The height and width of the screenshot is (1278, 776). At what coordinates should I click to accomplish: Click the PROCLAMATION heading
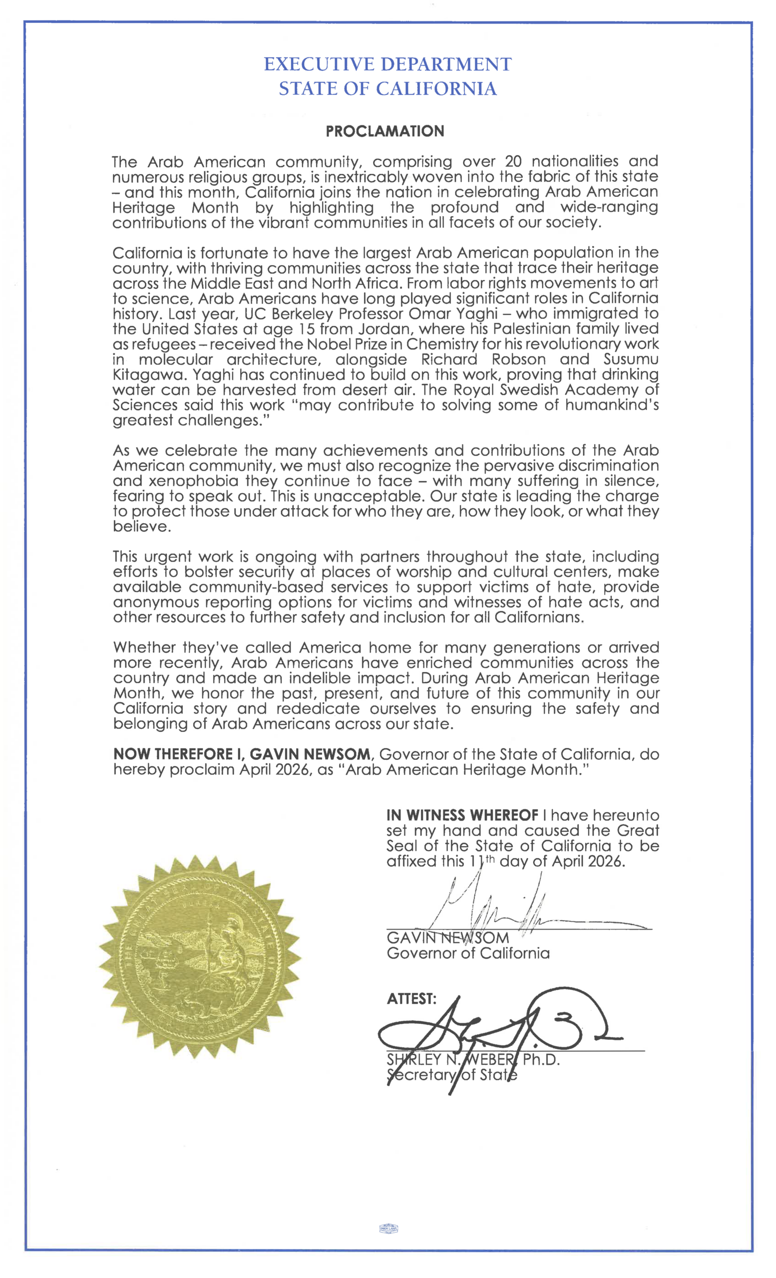(385, 131)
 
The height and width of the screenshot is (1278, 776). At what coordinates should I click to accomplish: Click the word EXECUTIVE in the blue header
(319, 64)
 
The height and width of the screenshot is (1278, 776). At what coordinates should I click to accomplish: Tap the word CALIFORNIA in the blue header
(436, 89)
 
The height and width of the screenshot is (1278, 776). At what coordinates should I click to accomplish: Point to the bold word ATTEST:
(411, 998)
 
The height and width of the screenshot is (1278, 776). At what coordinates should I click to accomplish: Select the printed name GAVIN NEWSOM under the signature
(447, 938)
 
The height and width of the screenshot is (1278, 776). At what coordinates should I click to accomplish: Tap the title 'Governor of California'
(468, 954)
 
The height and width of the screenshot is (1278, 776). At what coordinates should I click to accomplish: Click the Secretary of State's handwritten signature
(498, 1029)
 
